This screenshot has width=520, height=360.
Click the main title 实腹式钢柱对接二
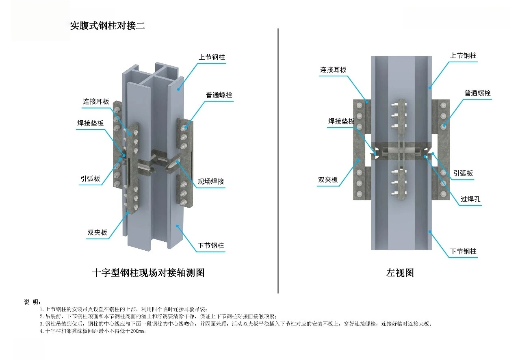coord(107,26)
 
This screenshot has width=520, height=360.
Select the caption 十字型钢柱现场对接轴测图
coord(148,273)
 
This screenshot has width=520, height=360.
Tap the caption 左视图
coord(400,273)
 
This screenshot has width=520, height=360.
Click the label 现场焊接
coord(211,182)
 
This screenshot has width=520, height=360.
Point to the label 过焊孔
coord(470,200)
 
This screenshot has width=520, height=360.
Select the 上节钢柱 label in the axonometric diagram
coord(212,57)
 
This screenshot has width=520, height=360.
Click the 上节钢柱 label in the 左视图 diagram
coord(463,56)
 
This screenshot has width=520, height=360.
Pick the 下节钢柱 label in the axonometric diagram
coord(211,245)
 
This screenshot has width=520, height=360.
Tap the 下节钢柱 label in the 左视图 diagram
coord(463,251)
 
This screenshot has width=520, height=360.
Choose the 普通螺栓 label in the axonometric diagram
coord(219,95)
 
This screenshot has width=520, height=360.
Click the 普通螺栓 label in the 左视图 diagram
coord(478,93)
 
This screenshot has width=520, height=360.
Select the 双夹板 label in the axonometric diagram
coord(97,232)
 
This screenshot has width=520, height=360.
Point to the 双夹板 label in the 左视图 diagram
coord(328,180)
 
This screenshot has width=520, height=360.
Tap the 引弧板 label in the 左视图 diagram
coord(463,173)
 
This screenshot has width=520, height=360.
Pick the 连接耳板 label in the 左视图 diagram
coord(333,70)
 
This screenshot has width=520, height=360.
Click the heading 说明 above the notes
coord(32,301)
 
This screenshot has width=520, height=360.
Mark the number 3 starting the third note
coord(41,324)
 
